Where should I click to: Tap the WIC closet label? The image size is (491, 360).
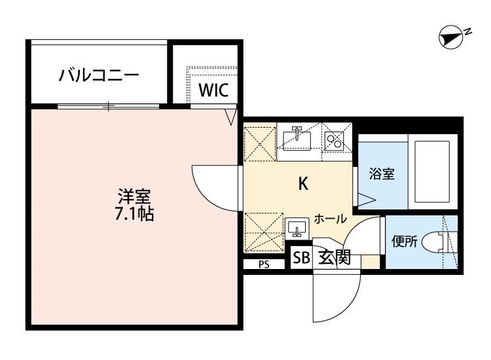(213, 90)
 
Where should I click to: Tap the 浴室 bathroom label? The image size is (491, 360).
(382, 174)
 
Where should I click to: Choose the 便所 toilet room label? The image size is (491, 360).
(404, 241)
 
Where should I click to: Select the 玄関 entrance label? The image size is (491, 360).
(334, 258)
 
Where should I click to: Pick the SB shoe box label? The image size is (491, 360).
(301, 258)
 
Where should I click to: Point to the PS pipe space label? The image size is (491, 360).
(263, 264)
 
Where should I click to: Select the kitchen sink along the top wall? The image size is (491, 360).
(298, 138)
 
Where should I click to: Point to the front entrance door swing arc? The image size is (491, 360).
(337, 295)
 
